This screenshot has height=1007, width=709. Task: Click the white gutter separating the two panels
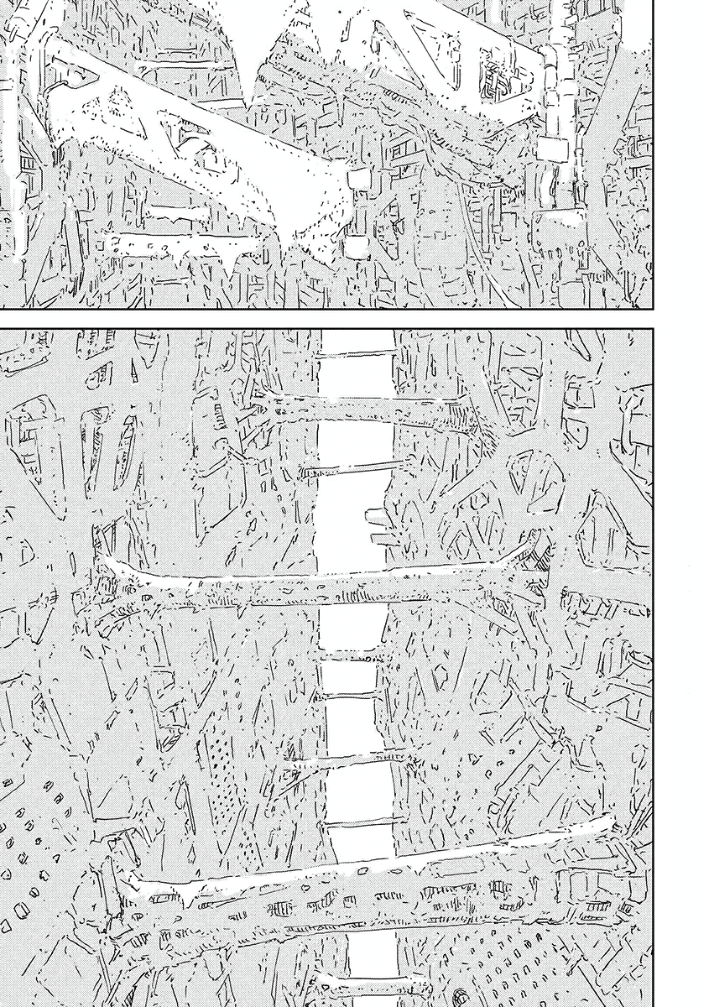[352, 317]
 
